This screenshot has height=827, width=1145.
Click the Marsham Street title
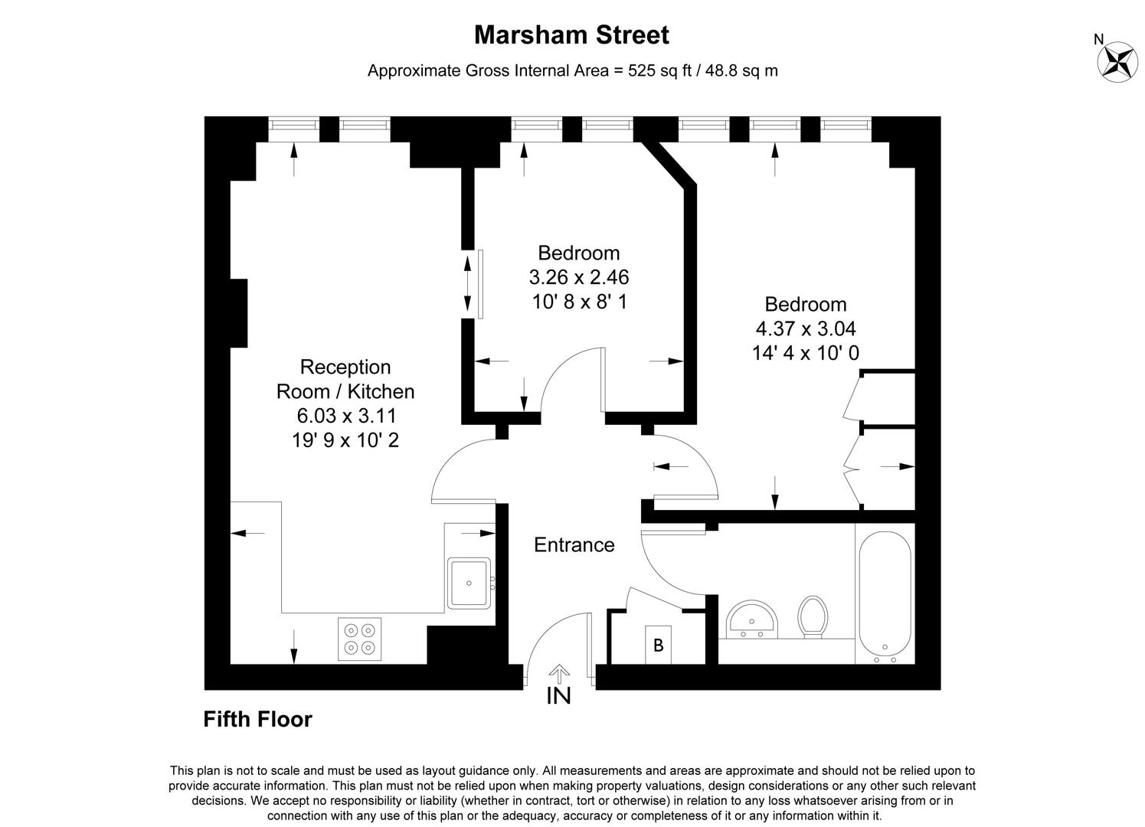click(x=571, y=35)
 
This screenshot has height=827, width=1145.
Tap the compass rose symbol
click(x=1117, y=62)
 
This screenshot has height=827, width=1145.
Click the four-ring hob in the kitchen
click(x=359, y=639)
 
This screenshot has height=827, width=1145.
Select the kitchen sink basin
click(x=469, y=583)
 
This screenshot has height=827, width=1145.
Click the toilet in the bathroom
click(x=813, y=616)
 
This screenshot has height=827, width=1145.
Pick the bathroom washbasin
click(x=751, y=619)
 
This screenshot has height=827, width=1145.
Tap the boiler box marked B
click(x=659, y=645)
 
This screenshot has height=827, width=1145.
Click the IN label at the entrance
click(x=558, y=695)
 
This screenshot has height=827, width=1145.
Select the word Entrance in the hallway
click(x=574, y=545)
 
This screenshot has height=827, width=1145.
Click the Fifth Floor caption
click(x=257, y=719)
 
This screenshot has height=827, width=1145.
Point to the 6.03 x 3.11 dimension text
click(x=347, y=416)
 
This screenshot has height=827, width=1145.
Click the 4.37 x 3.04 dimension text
click(x=806, y=329)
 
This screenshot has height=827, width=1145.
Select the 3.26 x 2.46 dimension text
click(x=579, y=277)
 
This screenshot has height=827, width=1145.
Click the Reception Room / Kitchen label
click(x=345, y=379)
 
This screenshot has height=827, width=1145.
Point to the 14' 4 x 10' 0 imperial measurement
click(x=806, y=353)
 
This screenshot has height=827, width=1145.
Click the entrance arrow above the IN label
click(x=560, y=674)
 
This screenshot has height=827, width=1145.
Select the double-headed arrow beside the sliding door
click(x=467, y=284)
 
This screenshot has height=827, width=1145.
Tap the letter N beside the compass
click(x=1099, y=39)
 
